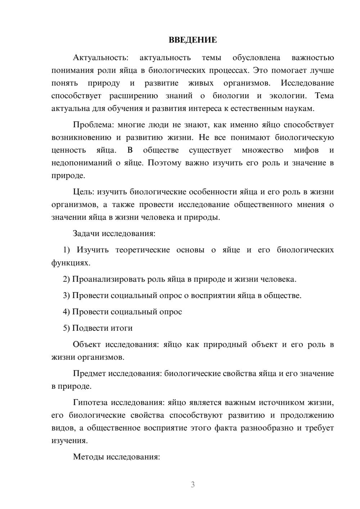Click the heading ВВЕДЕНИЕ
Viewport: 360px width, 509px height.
pos(193,40)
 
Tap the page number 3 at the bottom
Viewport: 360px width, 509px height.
pos(193,485)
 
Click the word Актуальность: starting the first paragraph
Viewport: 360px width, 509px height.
pos(100,58)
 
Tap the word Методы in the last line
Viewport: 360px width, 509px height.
pos(87,457)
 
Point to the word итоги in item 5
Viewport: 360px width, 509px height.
pos(121,328)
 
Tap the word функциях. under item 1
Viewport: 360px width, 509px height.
pos(71,263)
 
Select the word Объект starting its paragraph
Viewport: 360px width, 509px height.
pos(87,344)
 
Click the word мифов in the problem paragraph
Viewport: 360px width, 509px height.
pos(306,150)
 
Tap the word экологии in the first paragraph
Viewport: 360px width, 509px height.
pos(289,96)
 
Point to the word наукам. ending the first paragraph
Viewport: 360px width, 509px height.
pos(300,108)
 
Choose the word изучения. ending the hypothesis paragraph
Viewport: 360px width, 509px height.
pos(69,441)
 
